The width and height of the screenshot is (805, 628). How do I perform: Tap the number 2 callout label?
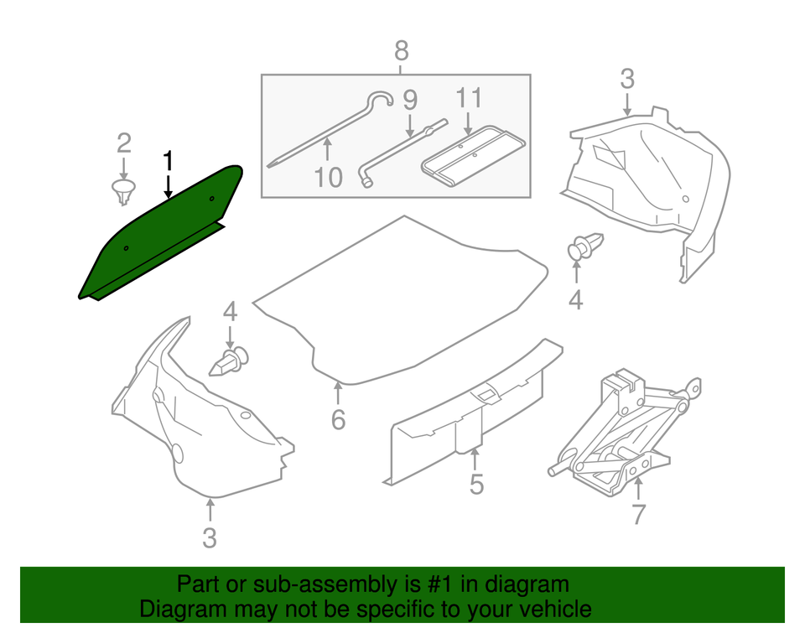coord(123,141)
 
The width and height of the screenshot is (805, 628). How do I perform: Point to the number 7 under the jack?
coord(639,513)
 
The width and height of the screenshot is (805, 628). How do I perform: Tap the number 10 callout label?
coord(330,177)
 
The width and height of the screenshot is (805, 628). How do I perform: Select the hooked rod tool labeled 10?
coord(335,126)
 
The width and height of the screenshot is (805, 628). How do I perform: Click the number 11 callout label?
coord(470,99)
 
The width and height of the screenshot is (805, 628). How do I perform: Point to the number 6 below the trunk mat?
coord(338,418)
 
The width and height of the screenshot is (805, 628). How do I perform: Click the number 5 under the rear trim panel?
coord(476,484)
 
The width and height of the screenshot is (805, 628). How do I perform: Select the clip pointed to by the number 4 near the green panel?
coord(230,361)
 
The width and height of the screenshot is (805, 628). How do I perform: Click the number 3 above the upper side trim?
coord(627,80)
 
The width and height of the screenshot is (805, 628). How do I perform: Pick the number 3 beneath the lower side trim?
coord(210,537)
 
